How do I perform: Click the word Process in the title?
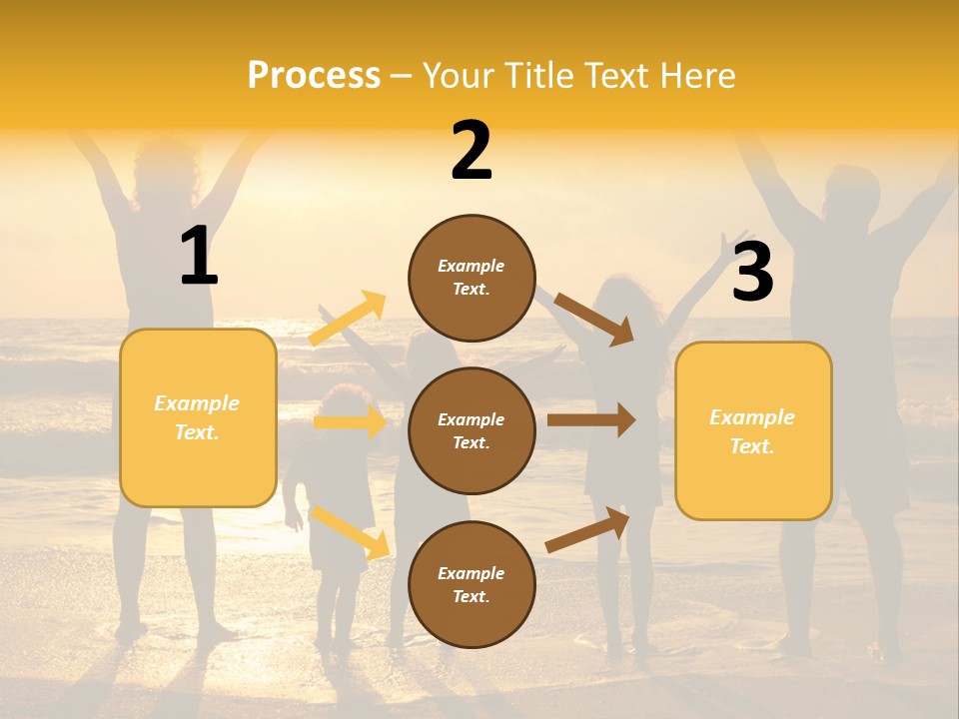tap(314, 75)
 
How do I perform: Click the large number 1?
tap(199, 256)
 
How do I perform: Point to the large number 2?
tap(472, 151)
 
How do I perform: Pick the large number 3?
tap(752, 272)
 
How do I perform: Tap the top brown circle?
tap(472, 278)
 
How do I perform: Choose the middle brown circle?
tap(472, 430)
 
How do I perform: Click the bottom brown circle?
tap(472, 584)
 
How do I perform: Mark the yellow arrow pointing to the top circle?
tap(348, 318)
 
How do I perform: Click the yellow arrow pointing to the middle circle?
tap(350, 421)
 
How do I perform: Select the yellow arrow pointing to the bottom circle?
tap(351, 532)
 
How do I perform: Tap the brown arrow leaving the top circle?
tap(595, 319)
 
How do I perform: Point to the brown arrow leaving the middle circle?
tap(591, 420)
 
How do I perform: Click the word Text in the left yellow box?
tap(196, 432)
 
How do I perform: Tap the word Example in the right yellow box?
tap(752, 417)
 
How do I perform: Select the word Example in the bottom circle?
tap(472, 573)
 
